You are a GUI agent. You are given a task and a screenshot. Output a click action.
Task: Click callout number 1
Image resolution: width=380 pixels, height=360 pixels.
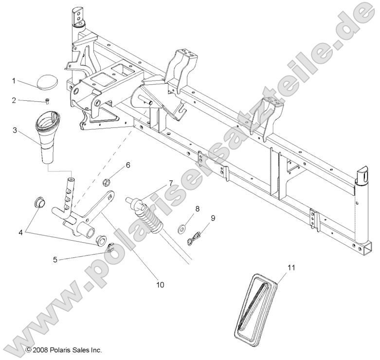[14, 80]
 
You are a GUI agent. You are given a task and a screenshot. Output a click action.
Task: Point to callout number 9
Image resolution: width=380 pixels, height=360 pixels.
[213, 219]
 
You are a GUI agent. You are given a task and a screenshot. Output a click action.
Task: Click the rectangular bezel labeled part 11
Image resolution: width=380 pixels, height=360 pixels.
[255, 307]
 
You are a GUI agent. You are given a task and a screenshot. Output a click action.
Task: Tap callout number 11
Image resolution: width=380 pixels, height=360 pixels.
[291, 267]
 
